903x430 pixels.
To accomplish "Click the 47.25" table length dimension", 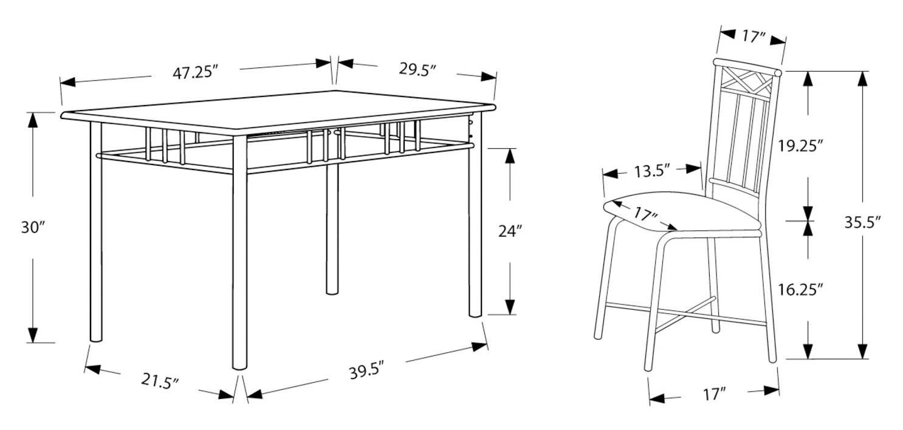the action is pos(195,73).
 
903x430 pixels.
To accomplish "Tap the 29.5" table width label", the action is pos(418,69).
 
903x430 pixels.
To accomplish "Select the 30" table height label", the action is pos(32,228).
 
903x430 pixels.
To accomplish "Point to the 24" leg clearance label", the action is pos(510,231).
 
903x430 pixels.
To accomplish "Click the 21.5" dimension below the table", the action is pos(160,381).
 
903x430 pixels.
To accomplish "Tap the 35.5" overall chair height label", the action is pos(863,222).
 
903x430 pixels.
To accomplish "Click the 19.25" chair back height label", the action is pos(800,146).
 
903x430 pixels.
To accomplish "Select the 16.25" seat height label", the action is pos(800,289).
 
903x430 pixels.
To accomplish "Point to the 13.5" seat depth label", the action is pos(652,171).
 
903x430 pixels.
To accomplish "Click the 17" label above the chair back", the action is pos(754,37).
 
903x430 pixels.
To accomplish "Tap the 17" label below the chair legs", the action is pos(715,394).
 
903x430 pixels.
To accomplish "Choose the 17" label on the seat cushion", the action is pos(645,214).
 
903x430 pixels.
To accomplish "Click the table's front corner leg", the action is pos(240,252).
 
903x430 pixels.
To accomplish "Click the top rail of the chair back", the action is pos(747,66).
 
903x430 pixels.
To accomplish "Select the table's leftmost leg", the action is pos(96,232).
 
